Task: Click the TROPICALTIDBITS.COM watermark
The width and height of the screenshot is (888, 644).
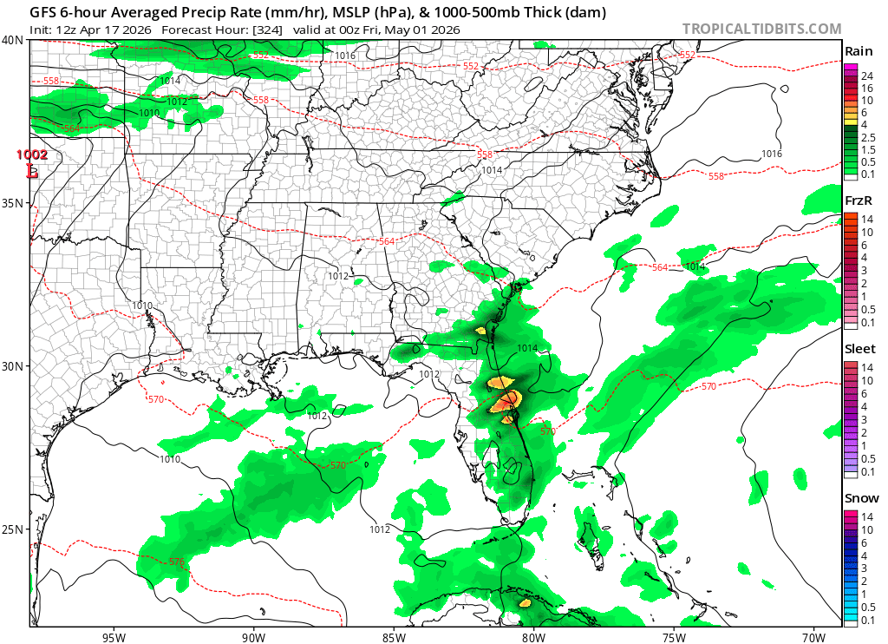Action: click(x=761, y=29)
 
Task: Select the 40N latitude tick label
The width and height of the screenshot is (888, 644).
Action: click(x=12, y=40)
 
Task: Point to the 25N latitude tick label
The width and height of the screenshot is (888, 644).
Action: click(x=12, y=529)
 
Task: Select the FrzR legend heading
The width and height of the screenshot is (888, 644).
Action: click(x=859, y=200)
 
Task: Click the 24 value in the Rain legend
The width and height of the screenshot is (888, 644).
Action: click(x=867, y=76)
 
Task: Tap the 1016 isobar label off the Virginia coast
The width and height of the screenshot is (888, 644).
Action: click(x=771, y=154)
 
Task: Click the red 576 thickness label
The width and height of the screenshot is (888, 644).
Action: click(x=176, y=562)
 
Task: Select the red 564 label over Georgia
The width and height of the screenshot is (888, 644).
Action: click(x=387, y=240)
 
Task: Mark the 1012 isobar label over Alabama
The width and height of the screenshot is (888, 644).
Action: click(x=337, y=276)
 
